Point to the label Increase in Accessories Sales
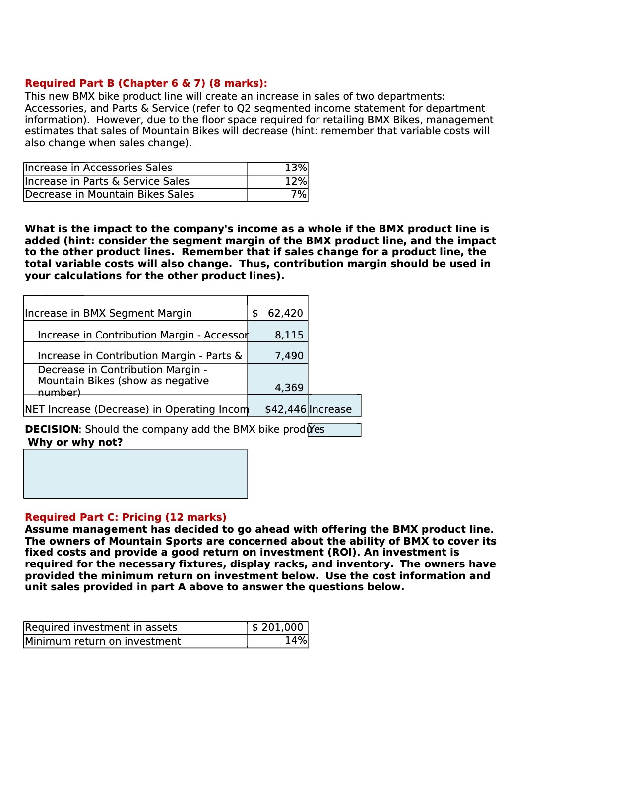tap(98, 168)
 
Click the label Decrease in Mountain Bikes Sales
tap(109, 195)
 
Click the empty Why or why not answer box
tap(135, 474)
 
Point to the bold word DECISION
tap(52, 429)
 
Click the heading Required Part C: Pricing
tap(126, 517)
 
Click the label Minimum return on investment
tap(103, 641)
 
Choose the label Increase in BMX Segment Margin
tap(108, 313)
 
